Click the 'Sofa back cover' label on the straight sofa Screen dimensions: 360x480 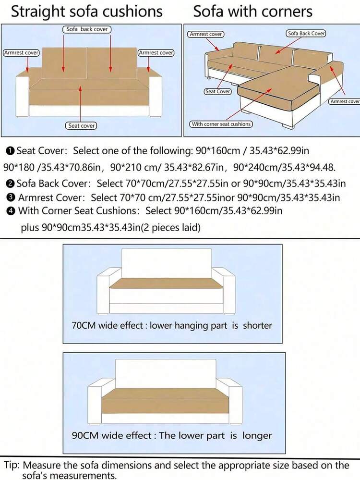pyautogui.click(x=87, y=29)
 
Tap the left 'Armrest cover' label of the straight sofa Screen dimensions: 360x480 pyautogui.click(x=21, y=53)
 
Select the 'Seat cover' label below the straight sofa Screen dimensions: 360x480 pyautogui.click(x=81, y=125)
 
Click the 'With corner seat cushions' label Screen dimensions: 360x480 pyautogui.click(x=221, y=124)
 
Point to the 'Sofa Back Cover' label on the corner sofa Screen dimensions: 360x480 pyautogui.click(x=306, y=33)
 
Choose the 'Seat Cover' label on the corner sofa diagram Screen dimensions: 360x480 pyautogui.click(x=218, y=91)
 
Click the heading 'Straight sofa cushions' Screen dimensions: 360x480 pyautogui.click(x=87, y=12)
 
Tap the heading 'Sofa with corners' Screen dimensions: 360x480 pyautogui.click(x=252, y=12)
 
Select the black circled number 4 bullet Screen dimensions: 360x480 pyautogui.click(x=11, y=211)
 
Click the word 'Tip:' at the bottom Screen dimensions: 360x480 pyautogui.click(x=12, y=465)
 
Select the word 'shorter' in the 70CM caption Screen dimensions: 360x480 pyautogui.click(x=257, y=325)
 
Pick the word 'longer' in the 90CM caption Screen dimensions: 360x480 pyautogui.click(x=257, y=436)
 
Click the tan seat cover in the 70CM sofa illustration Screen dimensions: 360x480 pyautogui.click(x=167, y=283)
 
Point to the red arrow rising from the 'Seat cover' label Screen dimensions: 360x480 pyautogui.click(x=81, y=104)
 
